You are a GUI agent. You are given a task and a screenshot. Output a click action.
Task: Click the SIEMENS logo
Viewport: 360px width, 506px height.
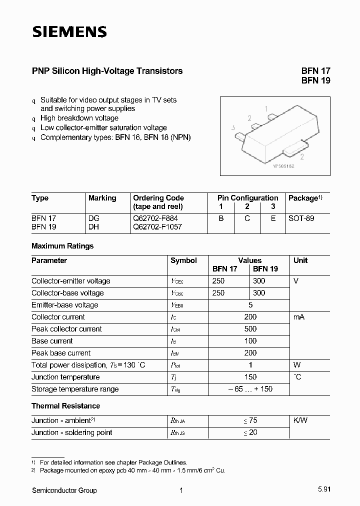[x=69, y=32]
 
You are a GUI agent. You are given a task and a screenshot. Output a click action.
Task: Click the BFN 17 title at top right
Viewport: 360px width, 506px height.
[x=315, y=71]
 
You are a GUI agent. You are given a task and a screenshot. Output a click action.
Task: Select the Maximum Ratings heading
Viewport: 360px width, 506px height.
[x=62, y=246]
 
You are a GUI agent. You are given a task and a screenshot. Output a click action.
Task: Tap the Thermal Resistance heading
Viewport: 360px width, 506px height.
[x=65, y=406]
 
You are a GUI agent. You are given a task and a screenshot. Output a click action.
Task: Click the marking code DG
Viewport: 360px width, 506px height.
[x=94, y=218]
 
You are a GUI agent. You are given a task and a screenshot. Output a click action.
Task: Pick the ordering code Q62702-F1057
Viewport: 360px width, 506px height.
[x=157, y=226]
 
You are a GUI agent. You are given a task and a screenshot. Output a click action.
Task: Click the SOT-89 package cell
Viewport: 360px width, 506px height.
[x=301, y=218]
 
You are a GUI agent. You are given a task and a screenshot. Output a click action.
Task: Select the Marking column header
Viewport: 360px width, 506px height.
[x=102, y=198]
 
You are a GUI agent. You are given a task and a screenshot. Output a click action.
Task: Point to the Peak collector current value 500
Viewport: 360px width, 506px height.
[x=250, y=329]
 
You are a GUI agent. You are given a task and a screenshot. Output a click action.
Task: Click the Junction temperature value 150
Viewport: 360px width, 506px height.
[x=250, y=377]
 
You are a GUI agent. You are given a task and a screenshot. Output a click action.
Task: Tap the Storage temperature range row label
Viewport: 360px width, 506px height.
[x=75, y=389]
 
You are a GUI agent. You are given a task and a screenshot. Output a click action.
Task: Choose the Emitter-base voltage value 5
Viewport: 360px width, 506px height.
[x=250, y=305]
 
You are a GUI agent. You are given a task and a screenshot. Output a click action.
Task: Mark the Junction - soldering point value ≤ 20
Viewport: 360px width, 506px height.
[x=250, y=432]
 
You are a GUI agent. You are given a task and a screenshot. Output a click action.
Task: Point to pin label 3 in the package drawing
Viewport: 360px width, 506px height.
[x=233, y=128]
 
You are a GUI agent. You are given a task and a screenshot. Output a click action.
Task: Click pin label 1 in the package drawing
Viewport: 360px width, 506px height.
[x=266, y=108]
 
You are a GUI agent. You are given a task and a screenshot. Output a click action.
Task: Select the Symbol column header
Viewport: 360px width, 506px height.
[x=183, y=260]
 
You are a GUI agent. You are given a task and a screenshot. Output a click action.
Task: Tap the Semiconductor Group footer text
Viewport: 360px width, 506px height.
[x=64, y=490]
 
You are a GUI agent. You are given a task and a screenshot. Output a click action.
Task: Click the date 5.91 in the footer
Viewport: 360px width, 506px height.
[x=323, y=490]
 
